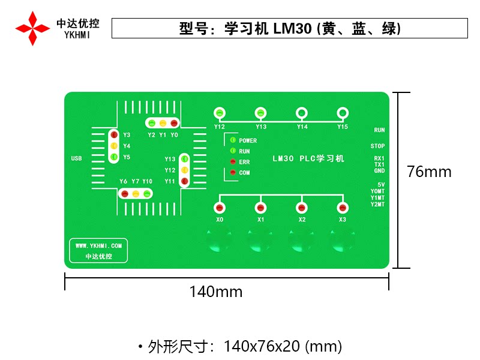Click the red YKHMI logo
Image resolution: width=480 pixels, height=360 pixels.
33,28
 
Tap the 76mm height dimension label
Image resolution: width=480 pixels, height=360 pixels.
429,172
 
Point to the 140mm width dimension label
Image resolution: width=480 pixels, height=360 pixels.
216,292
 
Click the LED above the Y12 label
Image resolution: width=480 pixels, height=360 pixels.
220,113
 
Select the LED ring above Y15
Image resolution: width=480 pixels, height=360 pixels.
343,113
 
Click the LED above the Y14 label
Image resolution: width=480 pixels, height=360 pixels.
302,113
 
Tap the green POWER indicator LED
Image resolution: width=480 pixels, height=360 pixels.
233,140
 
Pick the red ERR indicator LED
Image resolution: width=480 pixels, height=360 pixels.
233,162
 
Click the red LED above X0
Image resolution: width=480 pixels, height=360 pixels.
220,208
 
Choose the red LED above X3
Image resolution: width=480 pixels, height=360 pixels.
343,208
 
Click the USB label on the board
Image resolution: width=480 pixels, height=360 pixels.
76,159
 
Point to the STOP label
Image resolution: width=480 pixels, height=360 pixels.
377,146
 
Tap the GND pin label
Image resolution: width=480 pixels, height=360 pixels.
379,171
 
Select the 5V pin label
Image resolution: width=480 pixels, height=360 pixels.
380,184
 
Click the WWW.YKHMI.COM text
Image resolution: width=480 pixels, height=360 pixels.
98,245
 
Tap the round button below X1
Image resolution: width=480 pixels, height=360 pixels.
260,241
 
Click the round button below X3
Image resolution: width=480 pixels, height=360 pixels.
342,241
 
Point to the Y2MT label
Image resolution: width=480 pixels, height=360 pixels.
377,205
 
